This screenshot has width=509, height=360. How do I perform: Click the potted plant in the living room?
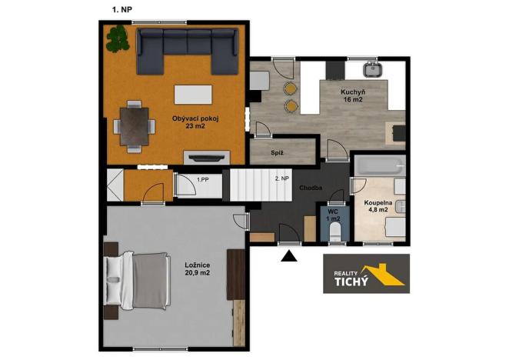pos(118,38)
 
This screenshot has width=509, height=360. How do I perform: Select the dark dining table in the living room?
pos(134,126)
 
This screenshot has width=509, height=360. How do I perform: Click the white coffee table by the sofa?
pos(193,95)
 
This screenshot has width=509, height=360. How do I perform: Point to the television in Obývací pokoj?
pos(207,158)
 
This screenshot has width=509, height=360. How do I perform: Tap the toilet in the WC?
pos(334,232)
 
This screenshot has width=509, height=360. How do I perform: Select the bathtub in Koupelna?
pos(380,165)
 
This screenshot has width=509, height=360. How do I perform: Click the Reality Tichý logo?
pos(366,274)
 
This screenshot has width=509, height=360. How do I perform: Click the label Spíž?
pos(277,152)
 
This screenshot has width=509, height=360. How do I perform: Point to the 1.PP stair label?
pos(203,179)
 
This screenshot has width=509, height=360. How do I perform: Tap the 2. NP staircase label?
pos(281,178)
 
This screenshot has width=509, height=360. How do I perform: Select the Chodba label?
pos(311,188)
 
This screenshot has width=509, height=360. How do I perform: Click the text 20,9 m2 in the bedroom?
pos(198,273)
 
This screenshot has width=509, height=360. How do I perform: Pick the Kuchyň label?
pos(353,92)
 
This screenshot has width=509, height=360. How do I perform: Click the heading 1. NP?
pos(122,9)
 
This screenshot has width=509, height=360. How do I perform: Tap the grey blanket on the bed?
pos(151,281)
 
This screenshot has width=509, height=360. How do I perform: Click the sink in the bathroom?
pos(401,207)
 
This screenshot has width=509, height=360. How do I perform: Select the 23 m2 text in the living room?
pos(195,126)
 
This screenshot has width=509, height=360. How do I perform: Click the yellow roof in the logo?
pos(383,275)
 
